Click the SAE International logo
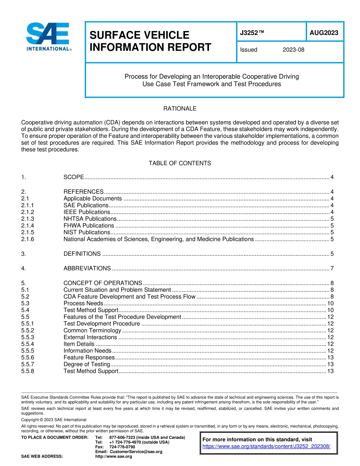click(x=48, y=37)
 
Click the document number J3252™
click(x=252, y=33)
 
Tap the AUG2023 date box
click(x=324, y=33)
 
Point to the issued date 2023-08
click(x=293, y=50)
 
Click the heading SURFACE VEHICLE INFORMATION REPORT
click(x=150, y=41)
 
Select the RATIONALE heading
click(x=180, y=109)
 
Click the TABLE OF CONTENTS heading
click(x=180, y=163)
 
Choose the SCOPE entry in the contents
click(x=74, y=177)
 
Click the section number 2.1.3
click(x=28, y=219)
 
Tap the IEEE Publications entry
click(x=86, y=212)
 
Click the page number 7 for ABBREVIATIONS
click(x=332, y=269)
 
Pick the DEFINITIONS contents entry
click(x=82, y=254)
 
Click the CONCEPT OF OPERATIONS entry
click(x=103, y=283)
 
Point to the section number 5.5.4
click(x=28, y=344)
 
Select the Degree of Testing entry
click(x=86, y=364)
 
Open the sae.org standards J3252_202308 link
click(x=266, y=446)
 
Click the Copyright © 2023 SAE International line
click(x=54, y=420)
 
